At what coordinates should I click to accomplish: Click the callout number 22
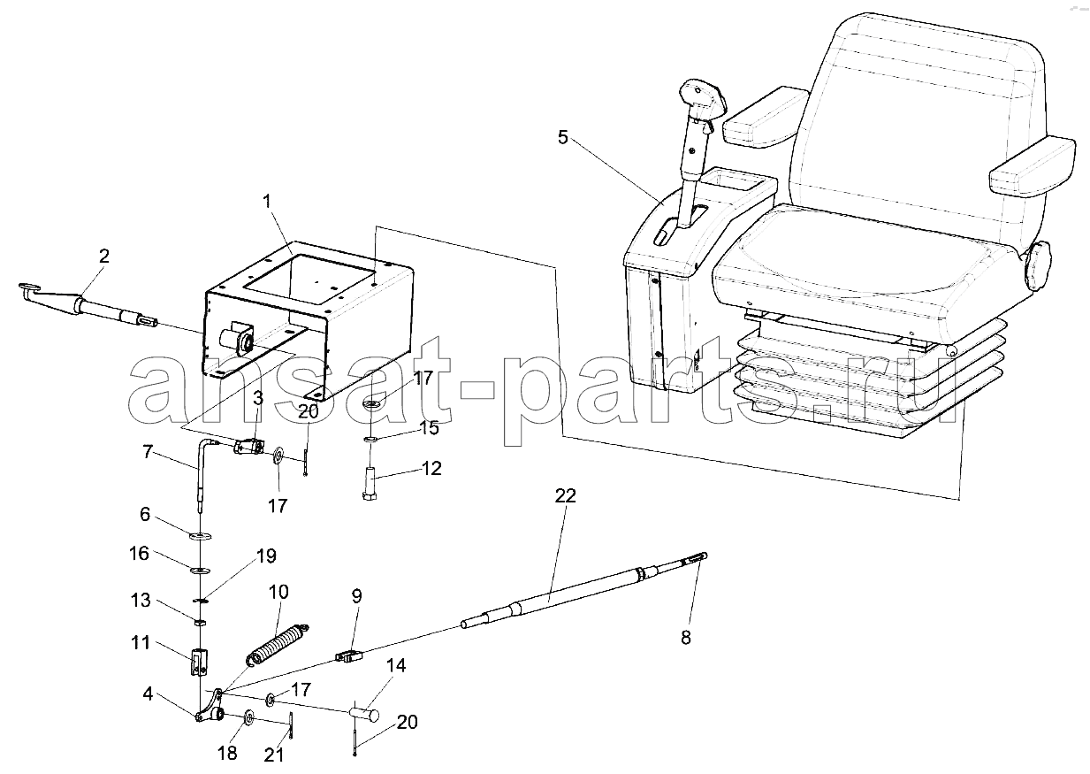[x=565, y=495]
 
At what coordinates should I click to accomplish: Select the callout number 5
[x=562, y=137]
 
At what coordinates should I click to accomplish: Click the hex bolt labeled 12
[x=370, y=483]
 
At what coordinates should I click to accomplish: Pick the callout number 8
[x=686, y=637]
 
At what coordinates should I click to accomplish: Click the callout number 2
[x=104, y=256]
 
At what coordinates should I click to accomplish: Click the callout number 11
[x=141, y=642]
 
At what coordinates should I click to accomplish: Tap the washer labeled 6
[x=201, y=536]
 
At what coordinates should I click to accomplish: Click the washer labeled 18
[x=248, y=717]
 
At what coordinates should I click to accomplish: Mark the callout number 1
[x=267, y=201]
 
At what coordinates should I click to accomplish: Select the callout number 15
[x=429, y=428]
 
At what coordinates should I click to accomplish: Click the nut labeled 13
[x=200, y=622]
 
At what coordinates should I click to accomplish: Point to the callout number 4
[x=148, y=694]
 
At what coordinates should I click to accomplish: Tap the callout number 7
[x=148, y=452]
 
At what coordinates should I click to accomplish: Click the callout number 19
[x=266, y=556]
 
